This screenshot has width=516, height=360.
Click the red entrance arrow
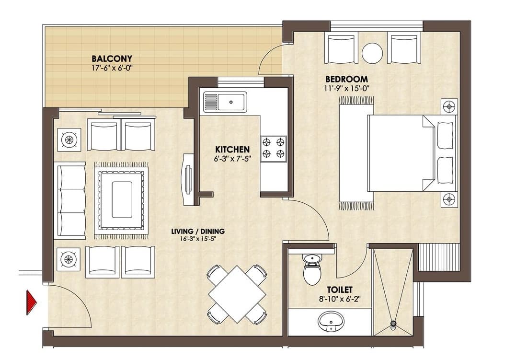click(x=32, y=302)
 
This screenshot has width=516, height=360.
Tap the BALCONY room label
click(x=112, y=59)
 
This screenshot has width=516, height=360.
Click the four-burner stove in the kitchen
click(x=273, y=148)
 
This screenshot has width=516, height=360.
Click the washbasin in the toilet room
click(x=331, y=321)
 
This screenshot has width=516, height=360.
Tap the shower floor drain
click(x=393, y=324)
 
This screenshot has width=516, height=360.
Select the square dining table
click(x=237, y=294)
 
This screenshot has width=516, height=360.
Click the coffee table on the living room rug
click(x=121, y=199)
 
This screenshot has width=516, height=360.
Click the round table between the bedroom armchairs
click(x=372, y=53)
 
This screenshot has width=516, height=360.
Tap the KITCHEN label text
click(x=232, y=149)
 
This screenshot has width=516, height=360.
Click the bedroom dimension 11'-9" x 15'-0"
click(x=347, y=88)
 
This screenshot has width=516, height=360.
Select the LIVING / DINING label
click(x=198, y=231)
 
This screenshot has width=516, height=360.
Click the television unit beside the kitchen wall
click(x=188, y=179)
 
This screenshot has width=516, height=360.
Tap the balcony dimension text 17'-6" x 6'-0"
click(x=112, y=68)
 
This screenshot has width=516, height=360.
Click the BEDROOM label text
click(x=346, y=79)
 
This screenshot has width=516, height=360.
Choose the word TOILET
click(x=340, y=290)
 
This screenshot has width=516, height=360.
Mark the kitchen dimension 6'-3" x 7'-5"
click(x=232, y=159)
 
